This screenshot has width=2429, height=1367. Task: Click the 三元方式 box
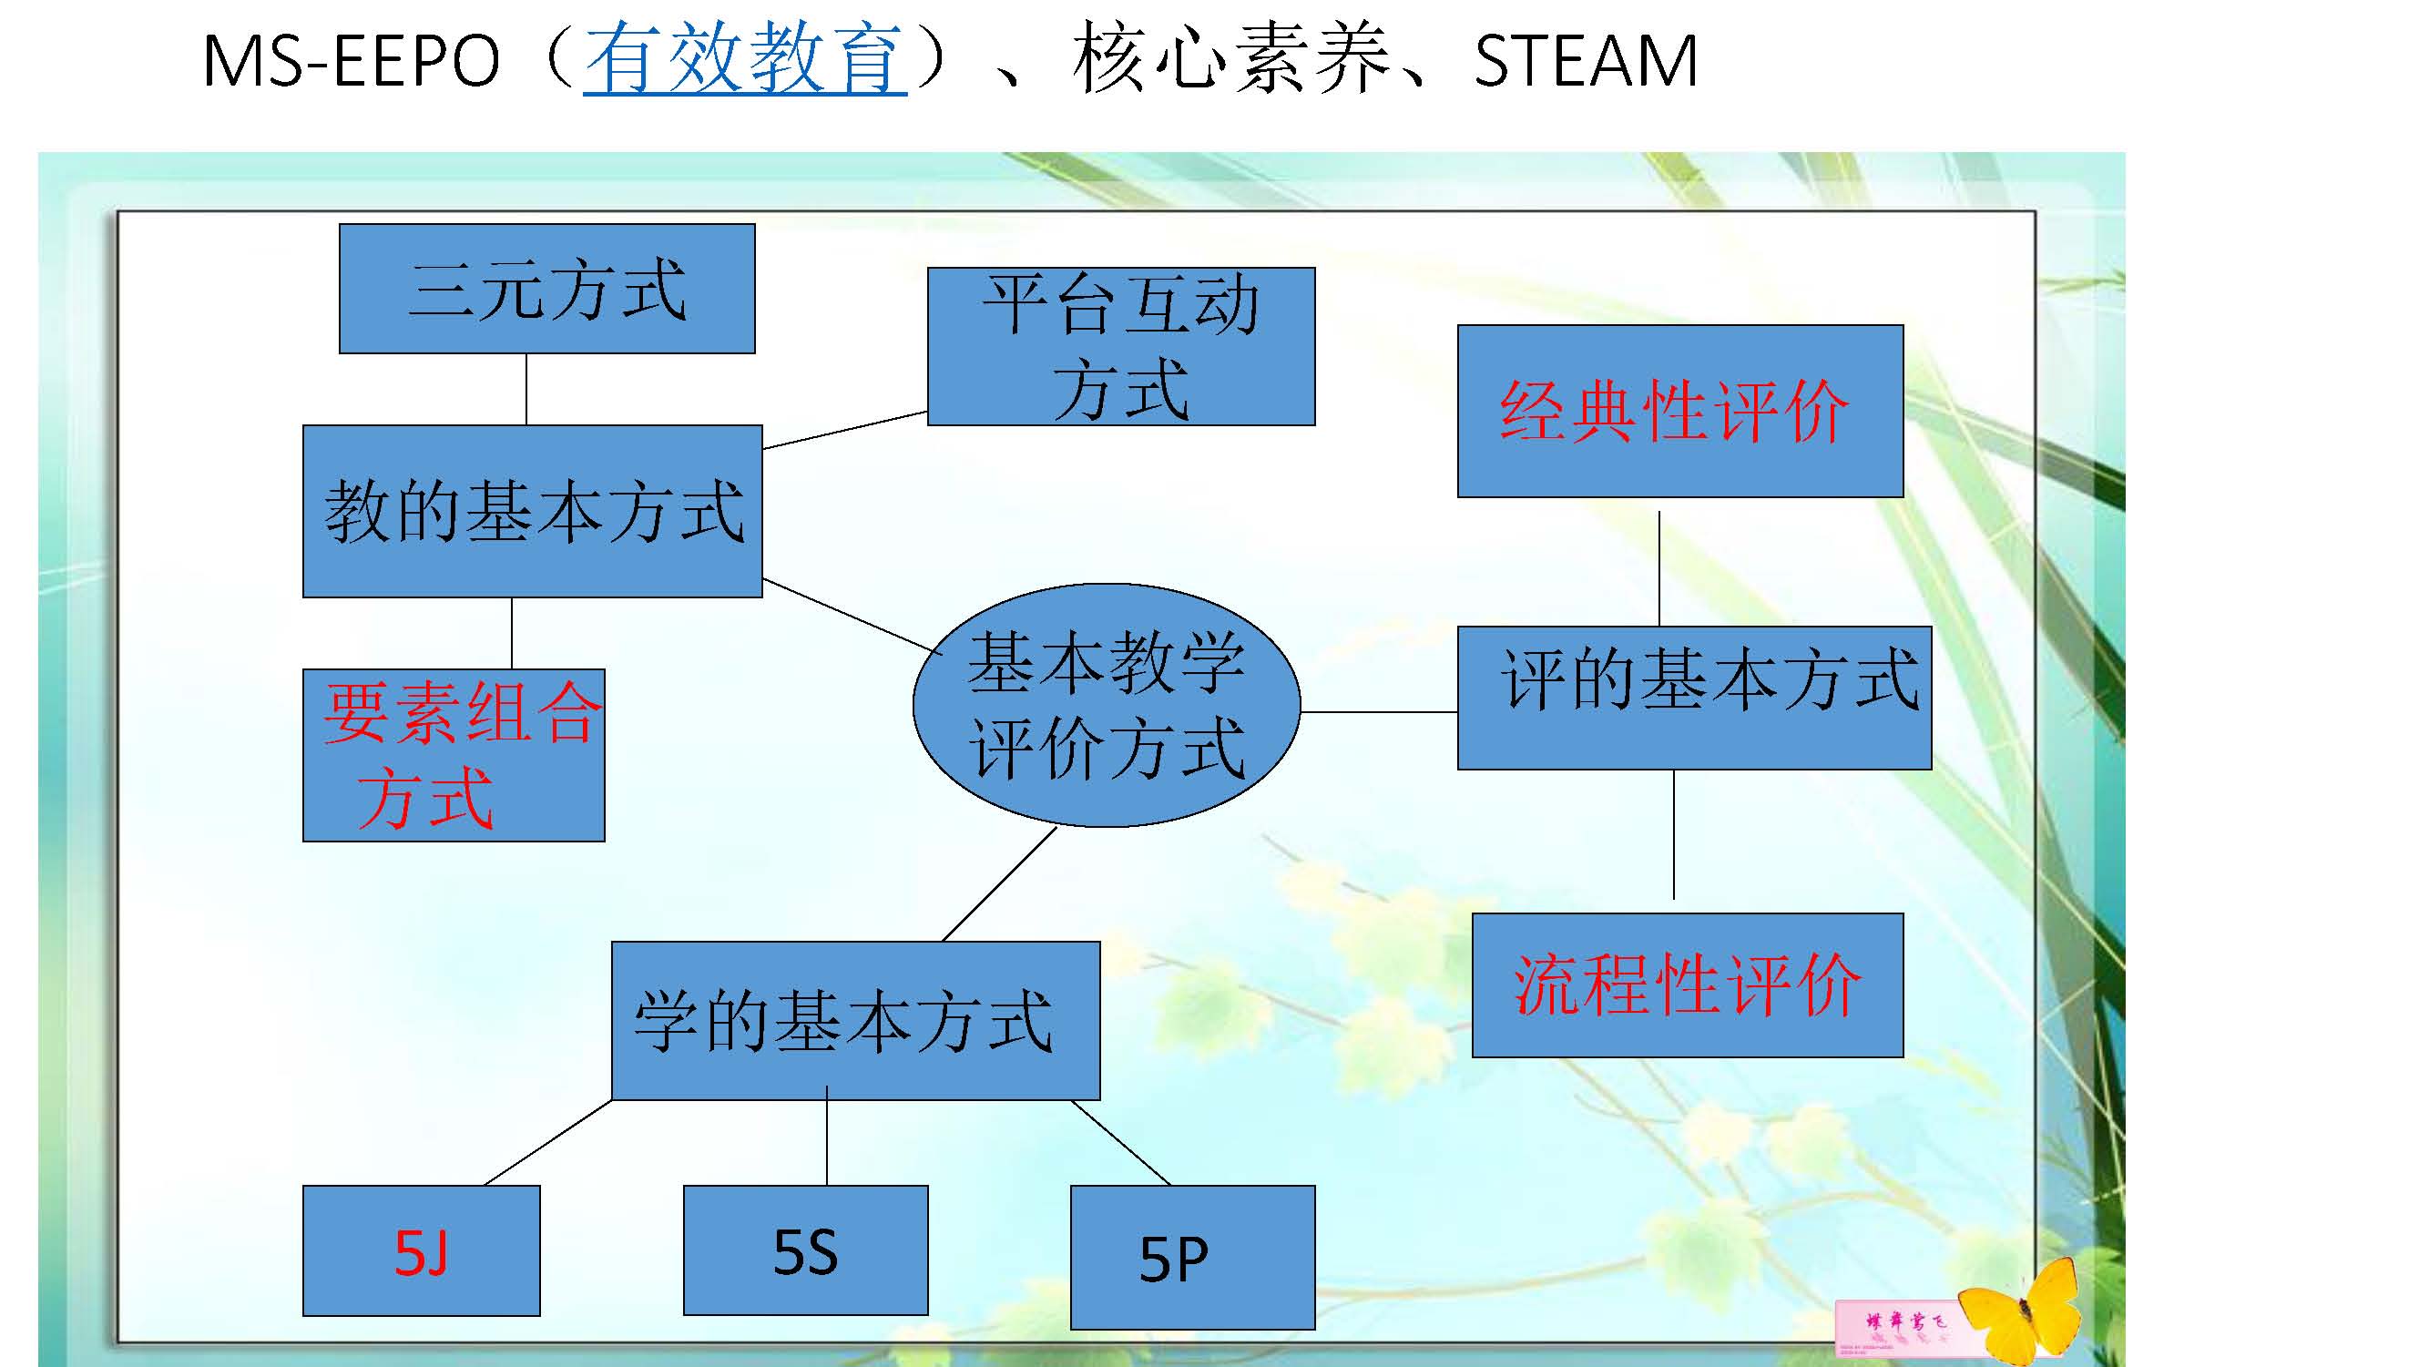point(546,289)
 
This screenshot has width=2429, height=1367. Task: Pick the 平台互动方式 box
point(1120,346)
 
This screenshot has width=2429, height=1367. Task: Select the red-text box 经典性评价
point(1679,411)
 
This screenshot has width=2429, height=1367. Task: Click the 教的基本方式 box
point(532,511)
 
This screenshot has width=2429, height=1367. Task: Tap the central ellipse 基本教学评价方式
point(1106,705)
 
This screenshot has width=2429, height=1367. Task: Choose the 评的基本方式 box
point(1693,698)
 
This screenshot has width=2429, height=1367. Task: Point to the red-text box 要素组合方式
point(454,755)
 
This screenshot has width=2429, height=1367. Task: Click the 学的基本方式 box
point(855,1020)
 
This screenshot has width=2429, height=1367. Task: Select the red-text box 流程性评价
point(1687,985)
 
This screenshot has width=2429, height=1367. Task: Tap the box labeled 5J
point(421,1251)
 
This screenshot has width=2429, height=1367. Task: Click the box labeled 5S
point(805,1250)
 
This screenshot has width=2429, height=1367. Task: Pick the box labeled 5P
point(1192,1258)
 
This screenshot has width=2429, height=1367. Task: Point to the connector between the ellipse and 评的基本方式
point(1379,712)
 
